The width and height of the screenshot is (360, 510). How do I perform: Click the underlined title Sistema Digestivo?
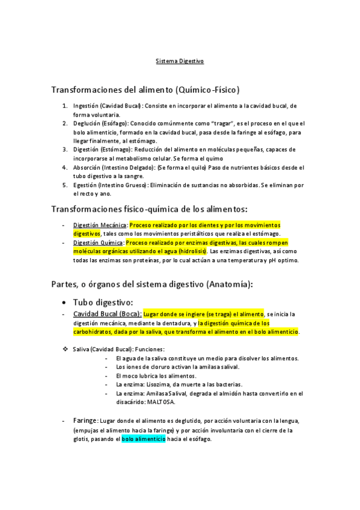pos(180,61)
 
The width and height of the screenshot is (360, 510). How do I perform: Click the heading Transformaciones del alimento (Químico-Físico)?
pos(145,90)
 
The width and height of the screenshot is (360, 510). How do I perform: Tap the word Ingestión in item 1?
pos(86,106)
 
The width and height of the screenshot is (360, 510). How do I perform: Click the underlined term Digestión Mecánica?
pos(100,224)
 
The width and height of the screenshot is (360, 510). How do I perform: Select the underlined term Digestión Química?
pos(99,242)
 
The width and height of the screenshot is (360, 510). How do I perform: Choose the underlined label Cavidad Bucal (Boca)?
pos(107,314)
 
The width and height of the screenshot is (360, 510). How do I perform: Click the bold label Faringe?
pos(85,421)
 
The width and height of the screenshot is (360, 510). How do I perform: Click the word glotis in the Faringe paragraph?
pos(82,440)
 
